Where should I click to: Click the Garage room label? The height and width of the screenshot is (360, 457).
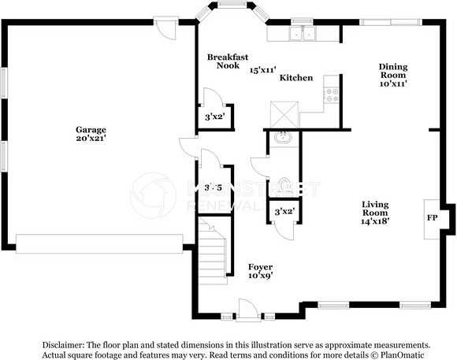click(x=91, y=129)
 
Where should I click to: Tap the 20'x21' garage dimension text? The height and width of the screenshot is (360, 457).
click(x=91, y=138)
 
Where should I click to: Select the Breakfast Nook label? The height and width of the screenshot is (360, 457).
click(x=228, y=61)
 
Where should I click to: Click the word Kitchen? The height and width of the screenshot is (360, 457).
click(x=296, y=78)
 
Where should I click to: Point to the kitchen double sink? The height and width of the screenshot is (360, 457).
click(x=303, y=34)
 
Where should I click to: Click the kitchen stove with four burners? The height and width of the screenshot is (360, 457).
click(x=332, y=95)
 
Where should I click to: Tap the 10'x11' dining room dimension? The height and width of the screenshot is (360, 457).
click(x=392, y=84)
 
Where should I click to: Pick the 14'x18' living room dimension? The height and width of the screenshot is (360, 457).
click(x=374, y=221)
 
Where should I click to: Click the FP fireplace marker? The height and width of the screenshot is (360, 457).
click(x=432, y=217)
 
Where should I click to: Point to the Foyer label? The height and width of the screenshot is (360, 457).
click(x=260, y=267)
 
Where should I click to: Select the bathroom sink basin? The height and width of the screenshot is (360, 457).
click(x=283, y=138)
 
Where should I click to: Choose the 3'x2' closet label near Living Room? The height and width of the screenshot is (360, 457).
click(x=284, y=211)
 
